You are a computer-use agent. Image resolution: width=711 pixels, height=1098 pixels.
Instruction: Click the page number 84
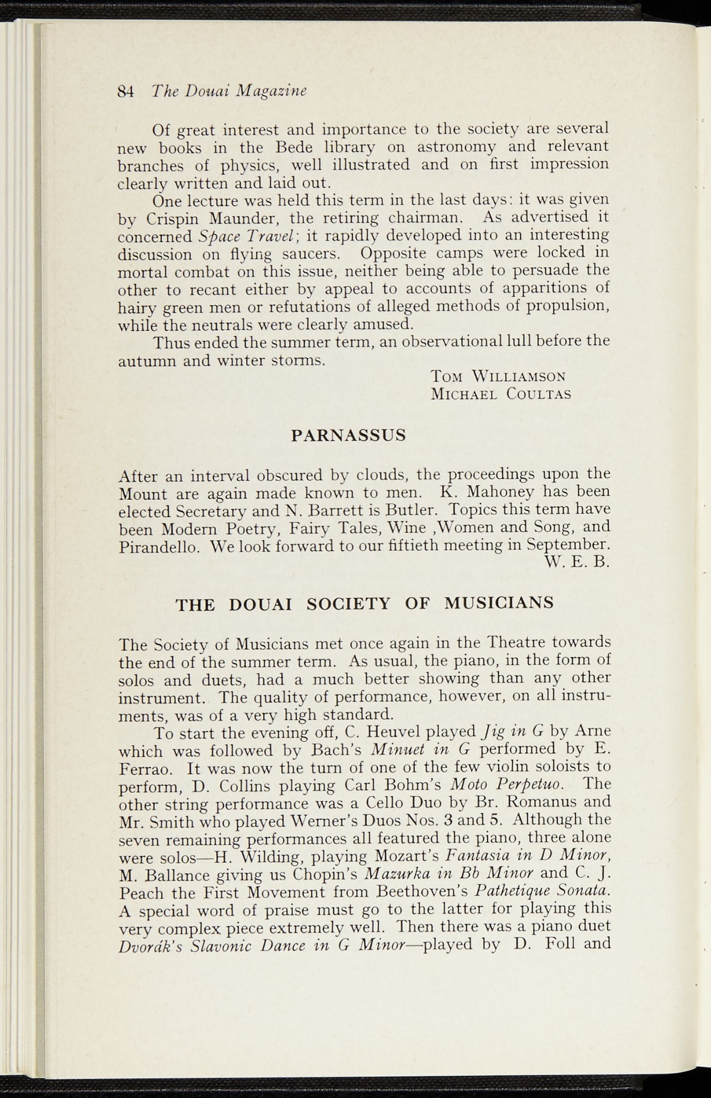[125, 91]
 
